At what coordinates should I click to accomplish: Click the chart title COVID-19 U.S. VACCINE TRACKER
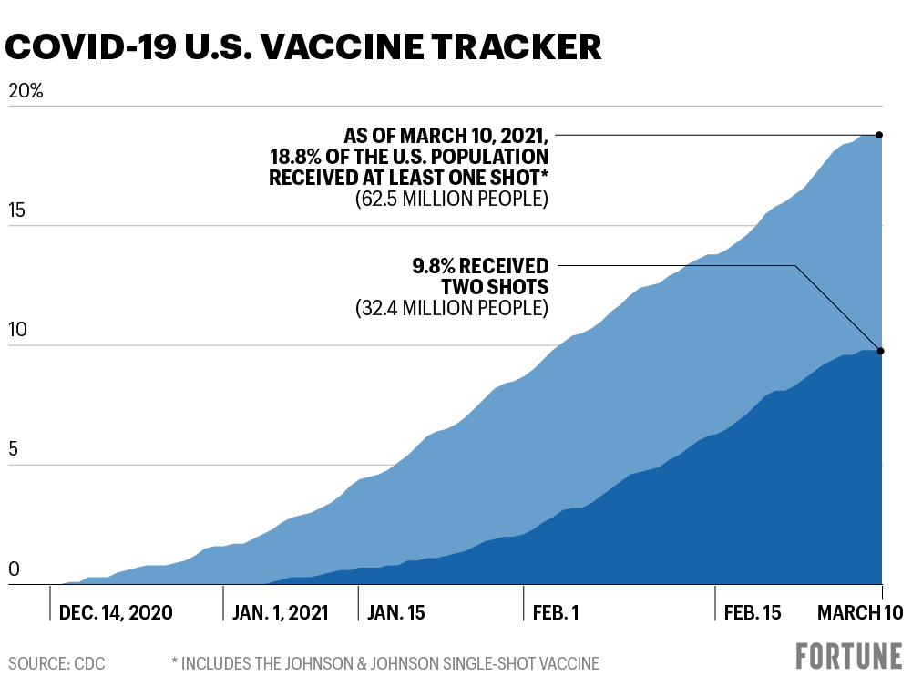(304, 47)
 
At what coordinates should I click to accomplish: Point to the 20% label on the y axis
(26, 92)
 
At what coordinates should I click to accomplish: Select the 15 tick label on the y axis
(17, 211)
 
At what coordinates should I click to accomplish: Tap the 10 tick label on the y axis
(17, 331)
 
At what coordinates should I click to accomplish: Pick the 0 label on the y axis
(13, 569)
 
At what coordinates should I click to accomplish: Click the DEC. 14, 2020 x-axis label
(115, 612)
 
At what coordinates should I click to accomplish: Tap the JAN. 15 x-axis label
(396, 612)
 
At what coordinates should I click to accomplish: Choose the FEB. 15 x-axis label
(753, 612)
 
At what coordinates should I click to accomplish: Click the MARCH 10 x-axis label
(859, 612)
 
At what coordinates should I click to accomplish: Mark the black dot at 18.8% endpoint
(879, 135)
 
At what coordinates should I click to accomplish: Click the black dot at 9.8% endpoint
(879, 351)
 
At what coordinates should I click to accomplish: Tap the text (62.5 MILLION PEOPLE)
(452, 199)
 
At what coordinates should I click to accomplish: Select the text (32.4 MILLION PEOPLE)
(452, 309)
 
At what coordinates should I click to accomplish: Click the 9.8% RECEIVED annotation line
(674, 265)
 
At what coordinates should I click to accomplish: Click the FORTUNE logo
(848, 657)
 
